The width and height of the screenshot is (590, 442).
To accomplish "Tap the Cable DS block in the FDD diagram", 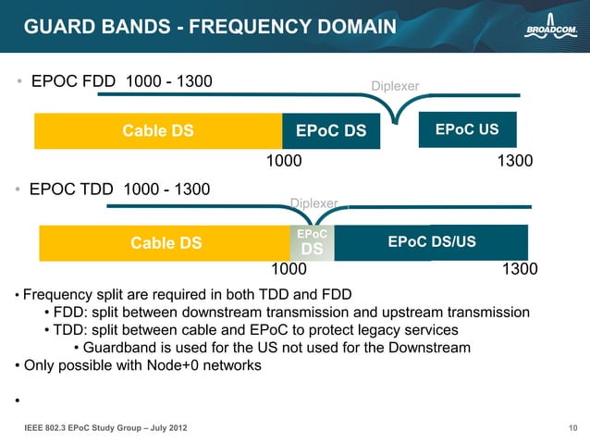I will tap(158, 131).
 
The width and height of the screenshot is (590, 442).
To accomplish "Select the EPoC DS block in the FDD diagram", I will tap(331, 131).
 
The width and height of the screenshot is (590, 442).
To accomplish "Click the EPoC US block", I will tap(467, 129).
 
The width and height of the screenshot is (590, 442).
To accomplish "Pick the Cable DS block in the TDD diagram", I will tap(166, 243).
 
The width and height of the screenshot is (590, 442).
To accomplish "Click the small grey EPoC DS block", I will tap(313, 243).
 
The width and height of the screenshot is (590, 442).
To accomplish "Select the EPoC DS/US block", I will tap(432, 242).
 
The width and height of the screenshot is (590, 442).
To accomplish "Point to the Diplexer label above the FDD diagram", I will tap(395, 86).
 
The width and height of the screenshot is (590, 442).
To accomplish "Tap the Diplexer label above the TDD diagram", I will tap(314, 203).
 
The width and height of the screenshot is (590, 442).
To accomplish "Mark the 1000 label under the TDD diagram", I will tap(288, 270).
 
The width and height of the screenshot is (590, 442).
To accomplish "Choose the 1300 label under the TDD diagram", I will tap(519, 270).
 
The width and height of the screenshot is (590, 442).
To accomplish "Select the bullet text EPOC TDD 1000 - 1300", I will tap(119, 190).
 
